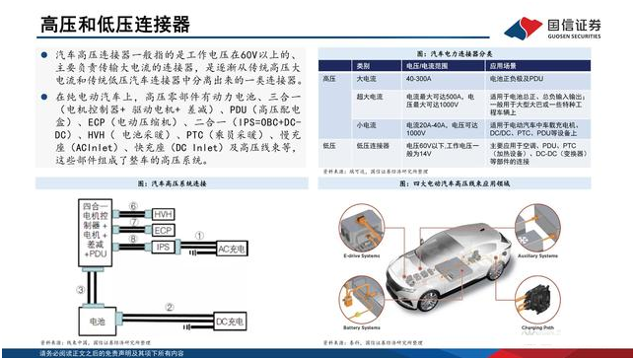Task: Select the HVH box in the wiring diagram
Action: (x=165, y=214)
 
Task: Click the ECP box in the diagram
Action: (x=165, y=230)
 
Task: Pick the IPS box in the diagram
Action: (x=165, y=246)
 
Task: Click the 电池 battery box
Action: (x=99, y=321)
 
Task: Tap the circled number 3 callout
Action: (x=80, y=289)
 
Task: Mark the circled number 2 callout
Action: (x=169, y=308)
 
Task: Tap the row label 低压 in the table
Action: (x=330, y=144)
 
